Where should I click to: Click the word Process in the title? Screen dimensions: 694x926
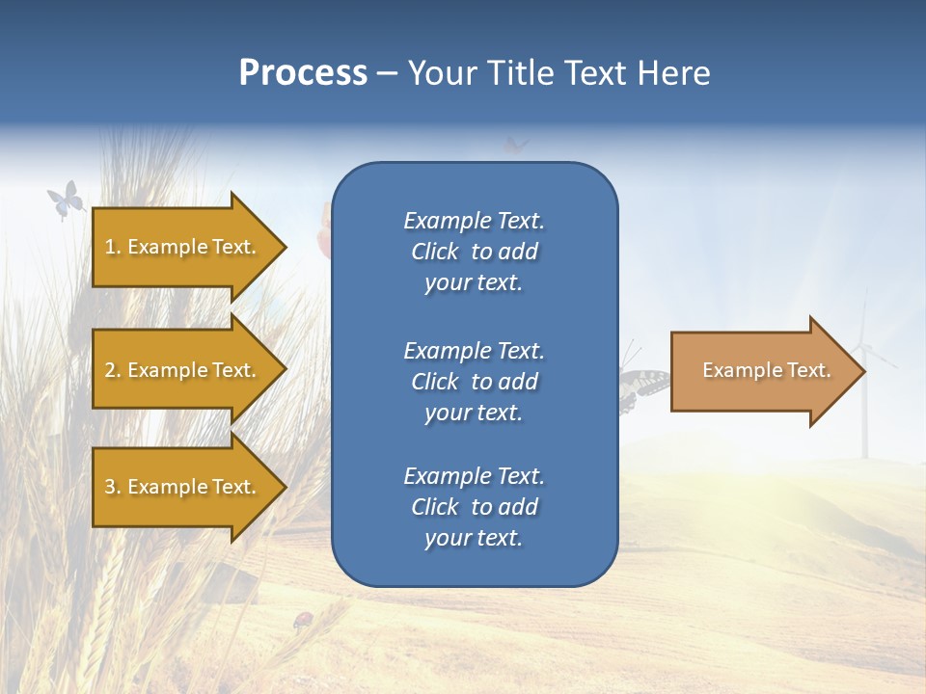pyautogui.click(x=303, y=73)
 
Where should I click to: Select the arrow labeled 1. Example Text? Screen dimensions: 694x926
pyautogui.click(x=181, y=247)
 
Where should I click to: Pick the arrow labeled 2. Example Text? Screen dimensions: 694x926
pyautogui.click(x=181, y=370)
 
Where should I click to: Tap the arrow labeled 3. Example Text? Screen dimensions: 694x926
pyautogui.click(x=181, y=487)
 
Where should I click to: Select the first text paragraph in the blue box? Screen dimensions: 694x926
pyautogui.click(x=474, y=252)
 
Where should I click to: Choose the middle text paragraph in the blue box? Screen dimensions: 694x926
pyautogui.click(x=474, y=382)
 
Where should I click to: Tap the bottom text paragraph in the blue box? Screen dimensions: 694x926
pyautogui.click(x=474, y=507)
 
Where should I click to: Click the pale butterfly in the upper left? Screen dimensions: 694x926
pyautogui.click(x=65, y=200)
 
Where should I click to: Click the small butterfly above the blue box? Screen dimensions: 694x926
pyautogui.click(x=517, y=146)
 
